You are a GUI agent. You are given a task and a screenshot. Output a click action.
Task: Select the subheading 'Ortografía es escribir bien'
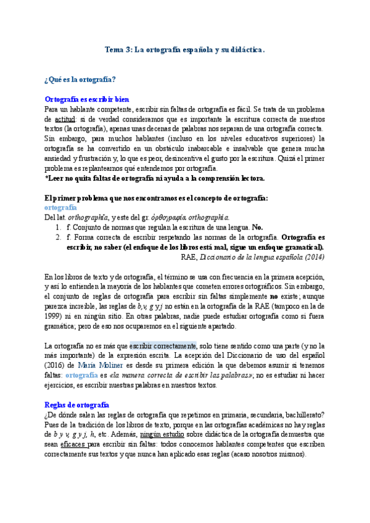[87, 99]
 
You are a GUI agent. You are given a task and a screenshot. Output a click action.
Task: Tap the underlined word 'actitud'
[65, 118]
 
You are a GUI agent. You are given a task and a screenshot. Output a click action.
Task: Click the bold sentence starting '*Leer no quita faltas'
[155, 178]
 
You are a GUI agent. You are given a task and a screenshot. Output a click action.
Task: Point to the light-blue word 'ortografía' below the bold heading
[60, 207]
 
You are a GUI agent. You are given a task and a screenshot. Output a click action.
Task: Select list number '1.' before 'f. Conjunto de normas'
[58, 227]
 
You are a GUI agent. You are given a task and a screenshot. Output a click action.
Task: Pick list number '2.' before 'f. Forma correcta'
[58, 237]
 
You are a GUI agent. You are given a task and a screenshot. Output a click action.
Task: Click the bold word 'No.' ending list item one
[258, 227]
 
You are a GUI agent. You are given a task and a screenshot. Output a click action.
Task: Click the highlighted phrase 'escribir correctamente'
[163, 346]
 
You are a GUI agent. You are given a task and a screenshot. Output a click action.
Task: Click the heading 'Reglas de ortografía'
[76, 405]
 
